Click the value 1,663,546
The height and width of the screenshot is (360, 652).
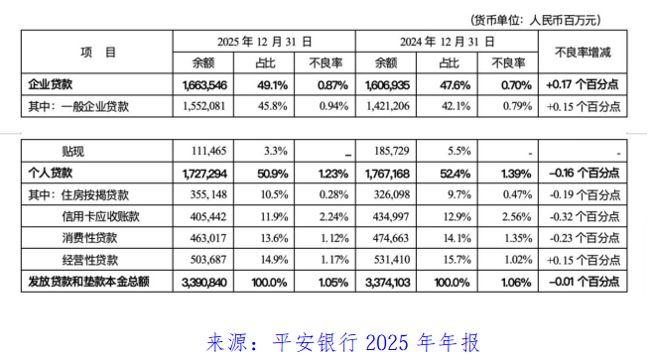click(206, 84)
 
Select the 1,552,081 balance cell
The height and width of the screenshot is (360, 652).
click(206, 104)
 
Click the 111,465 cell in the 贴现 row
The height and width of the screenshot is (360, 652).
click(209, 152)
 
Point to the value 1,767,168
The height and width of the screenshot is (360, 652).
click(393, 172)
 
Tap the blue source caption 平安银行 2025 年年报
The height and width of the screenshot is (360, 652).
click(342, 343)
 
